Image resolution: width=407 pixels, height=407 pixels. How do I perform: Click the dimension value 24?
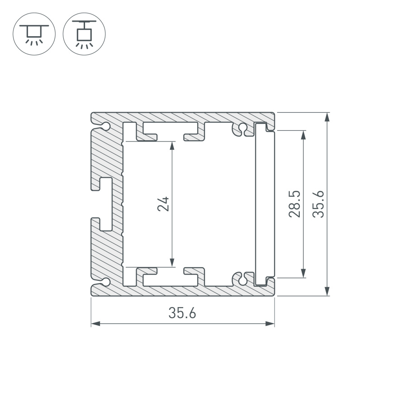[x=164, y=203]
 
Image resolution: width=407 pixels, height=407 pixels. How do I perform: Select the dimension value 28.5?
[x=295, y=203]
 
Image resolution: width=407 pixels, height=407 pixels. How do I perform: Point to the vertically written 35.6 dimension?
[x=319, y=203]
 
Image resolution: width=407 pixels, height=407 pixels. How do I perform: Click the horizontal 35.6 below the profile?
[x=182, y=313]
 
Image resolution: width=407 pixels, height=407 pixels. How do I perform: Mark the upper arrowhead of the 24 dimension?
[x=172, y=146]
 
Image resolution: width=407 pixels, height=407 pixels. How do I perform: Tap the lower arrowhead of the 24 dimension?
[x=172, y=262]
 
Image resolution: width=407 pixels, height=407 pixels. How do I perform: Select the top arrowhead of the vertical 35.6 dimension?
[x=327, y=117]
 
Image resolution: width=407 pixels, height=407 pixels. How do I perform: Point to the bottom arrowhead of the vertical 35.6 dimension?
[x=327, y=291]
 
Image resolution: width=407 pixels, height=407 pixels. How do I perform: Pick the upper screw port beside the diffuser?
[x=243, y=128]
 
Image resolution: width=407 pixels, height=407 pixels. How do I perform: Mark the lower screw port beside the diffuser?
[x=243, y=279]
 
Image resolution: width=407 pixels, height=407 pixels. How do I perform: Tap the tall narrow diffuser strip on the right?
[x=264, y=203]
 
